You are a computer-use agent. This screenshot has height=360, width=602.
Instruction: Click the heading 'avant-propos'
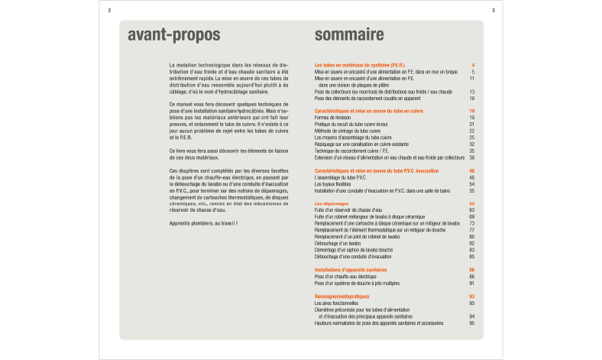click(173, 35)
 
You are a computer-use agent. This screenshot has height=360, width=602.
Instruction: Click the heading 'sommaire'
click(349, 35)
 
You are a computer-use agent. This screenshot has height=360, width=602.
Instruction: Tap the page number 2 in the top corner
click(110, 10)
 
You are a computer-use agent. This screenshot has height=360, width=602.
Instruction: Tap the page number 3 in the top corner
click(493, 10)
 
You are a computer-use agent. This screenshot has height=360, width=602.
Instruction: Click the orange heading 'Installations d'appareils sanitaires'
click(351, 270)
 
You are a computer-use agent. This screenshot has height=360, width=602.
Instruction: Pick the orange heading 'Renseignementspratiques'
click(341, 296)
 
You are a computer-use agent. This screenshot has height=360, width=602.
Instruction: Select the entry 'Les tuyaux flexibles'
click(335, 184)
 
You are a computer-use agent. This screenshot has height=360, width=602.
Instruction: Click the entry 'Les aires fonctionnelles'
click(336, 303)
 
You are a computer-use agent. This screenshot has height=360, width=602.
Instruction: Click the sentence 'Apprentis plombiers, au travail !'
click(203, 222)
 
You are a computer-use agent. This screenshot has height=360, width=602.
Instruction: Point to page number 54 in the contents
click(472, 184)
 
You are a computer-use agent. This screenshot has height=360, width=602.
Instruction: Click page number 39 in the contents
click(472, 157)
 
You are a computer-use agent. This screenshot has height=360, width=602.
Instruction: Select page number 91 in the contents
click(472, 283)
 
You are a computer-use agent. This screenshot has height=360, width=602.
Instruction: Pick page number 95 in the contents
click(472, 323)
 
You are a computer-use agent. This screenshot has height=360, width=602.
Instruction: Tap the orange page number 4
click(474, 65)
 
